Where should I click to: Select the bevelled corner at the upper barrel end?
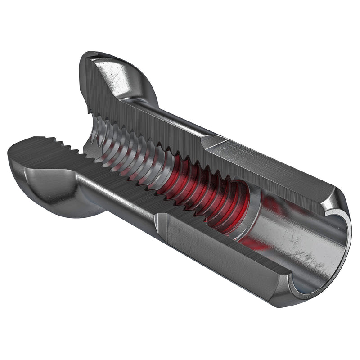333,198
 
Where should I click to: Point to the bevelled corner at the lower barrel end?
279,288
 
